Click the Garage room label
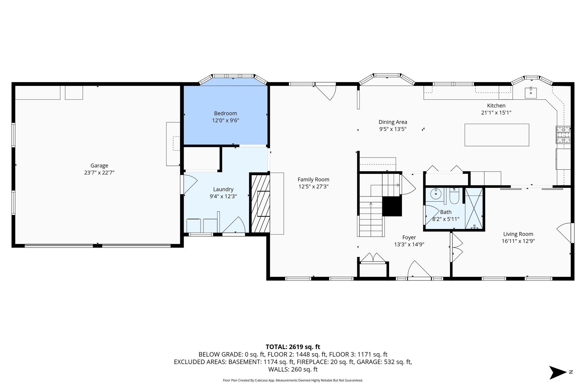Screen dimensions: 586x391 pos(99,166)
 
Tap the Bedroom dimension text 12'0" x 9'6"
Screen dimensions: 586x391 pos(225,121)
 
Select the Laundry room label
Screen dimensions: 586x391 pos(223,189)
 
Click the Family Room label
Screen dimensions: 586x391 pos(313,180)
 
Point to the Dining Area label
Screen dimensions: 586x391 pos(393,122)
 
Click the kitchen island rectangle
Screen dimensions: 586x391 pos(497,135)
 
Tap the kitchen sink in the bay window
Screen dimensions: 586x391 pos(530,93)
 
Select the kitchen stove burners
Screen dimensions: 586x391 pos(563,135)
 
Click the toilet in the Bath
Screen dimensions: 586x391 pos(454,195)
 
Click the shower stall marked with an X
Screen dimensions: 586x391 pos(474,209)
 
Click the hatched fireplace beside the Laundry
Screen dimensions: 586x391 pos(260,203)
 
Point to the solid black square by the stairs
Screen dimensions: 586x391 pos(392,206)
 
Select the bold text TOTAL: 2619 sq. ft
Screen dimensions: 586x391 pos(293,347)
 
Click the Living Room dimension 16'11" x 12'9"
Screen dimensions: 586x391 pos(518,241)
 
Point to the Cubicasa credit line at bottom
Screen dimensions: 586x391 pos(293,380)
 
